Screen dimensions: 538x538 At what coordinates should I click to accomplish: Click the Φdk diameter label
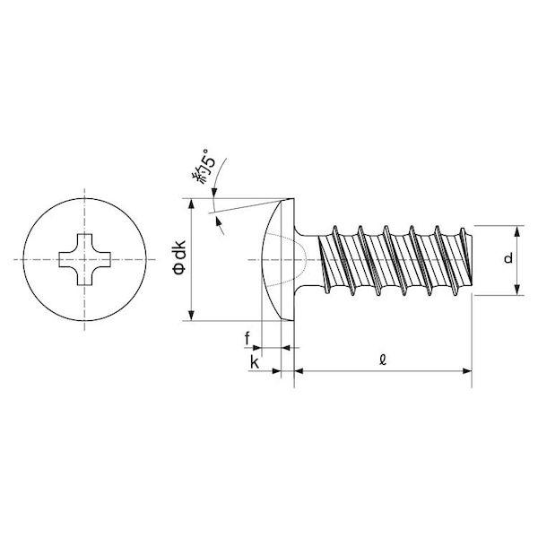click(x=180, y=257)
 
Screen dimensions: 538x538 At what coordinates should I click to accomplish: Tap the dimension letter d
click(x=508, y=258)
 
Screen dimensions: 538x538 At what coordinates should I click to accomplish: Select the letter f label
click(x=247, y=339)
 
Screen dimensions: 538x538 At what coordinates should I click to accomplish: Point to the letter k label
click(x=255, y=362)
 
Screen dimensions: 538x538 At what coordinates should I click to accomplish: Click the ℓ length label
click(x=383, y=360)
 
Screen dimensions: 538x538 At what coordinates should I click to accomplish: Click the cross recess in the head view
click(x=85, y=259)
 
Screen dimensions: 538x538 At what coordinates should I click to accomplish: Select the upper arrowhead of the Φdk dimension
click(x=192, y=204)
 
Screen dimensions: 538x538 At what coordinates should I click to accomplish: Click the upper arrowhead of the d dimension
click(x=517, y=231)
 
